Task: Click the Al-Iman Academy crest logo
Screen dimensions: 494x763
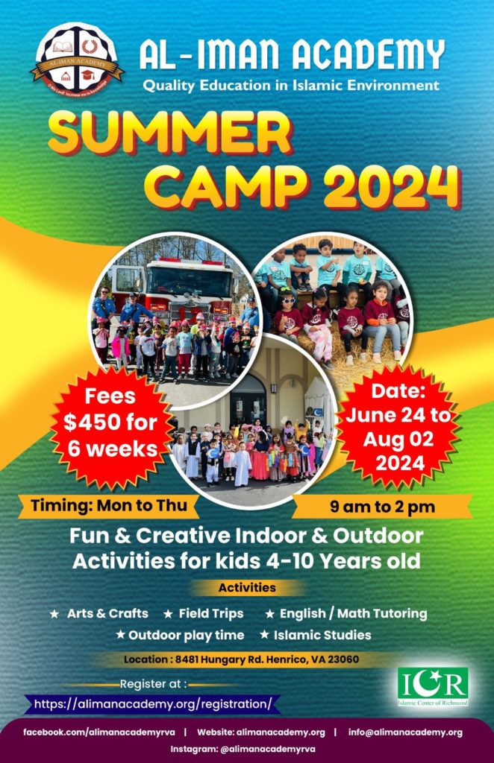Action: point(77,60)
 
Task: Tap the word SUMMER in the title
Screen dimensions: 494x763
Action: point(171,133)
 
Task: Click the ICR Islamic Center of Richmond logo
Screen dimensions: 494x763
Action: point(433,686)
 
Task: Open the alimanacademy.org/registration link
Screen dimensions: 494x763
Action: point(152,703)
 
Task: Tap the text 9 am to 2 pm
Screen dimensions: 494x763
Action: point(382,507)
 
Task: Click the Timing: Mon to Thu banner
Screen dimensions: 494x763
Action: point(109,506)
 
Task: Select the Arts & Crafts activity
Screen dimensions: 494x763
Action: point(107,613)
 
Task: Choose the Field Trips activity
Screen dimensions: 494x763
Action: point(211,613)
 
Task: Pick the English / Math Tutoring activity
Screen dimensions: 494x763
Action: point(353,613)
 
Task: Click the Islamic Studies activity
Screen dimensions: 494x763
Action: point(322,635)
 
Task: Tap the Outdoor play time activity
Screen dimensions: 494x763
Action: point(186,635)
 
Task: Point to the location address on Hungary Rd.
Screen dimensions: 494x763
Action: point(241,660)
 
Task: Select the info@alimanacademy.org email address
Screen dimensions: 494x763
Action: point(405,732)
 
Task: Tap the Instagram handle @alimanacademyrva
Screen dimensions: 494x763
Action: point(243,750)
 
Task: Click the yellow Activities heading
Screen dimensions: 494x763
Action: point(247,588)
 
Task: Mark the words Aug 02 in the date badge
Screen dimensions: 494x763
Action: point(398,439)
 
